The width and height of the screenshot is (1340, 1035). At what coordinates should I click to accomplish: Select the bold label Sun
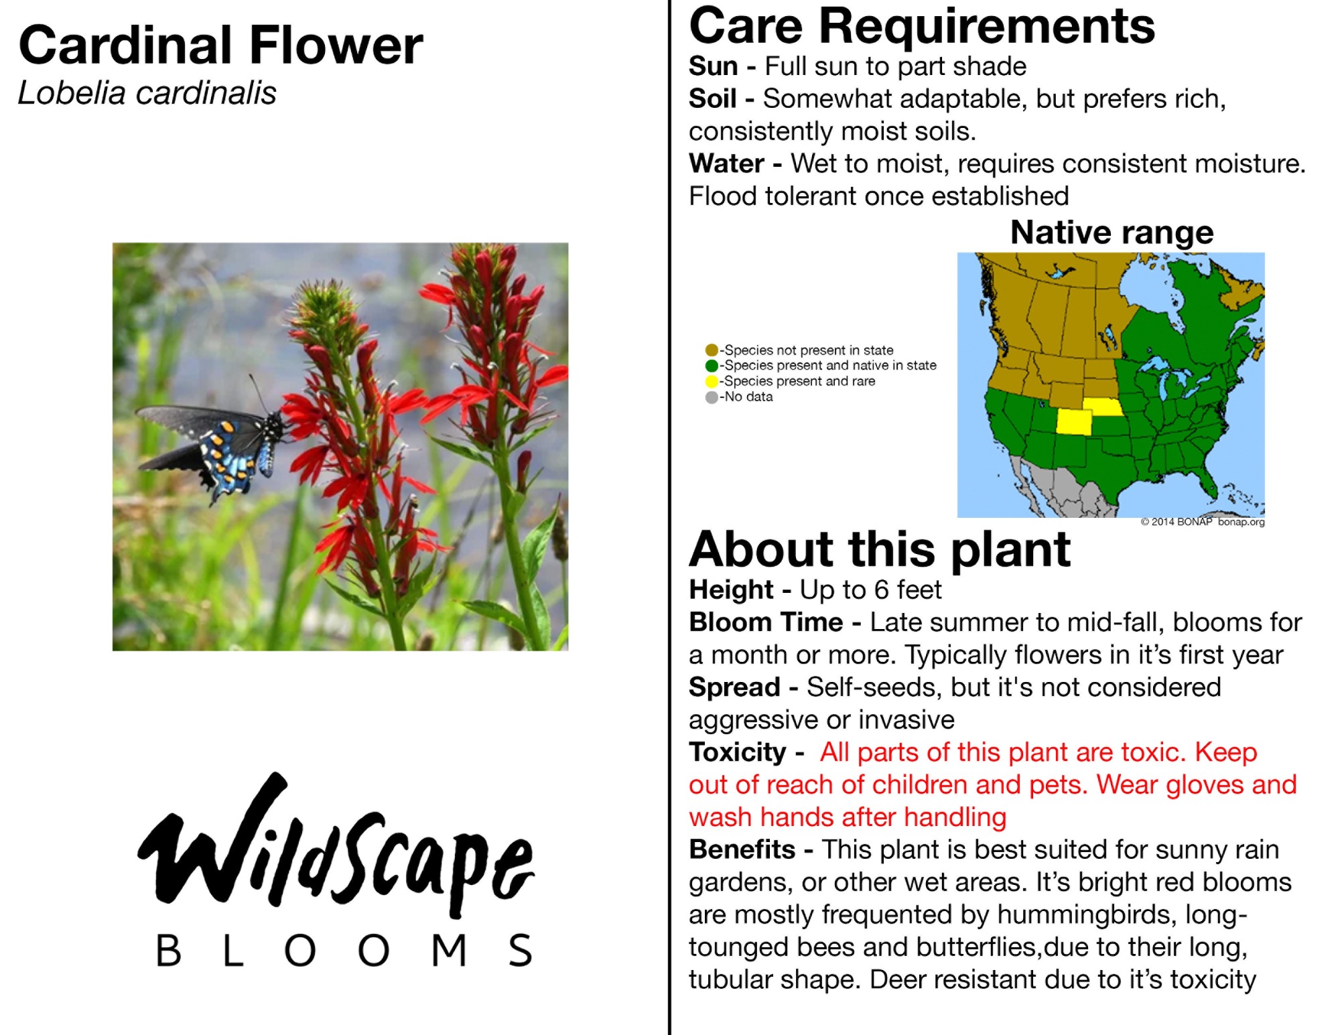(713, 66)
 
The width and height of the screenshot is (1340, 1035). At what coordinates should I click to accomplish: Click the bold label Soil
(712, 98)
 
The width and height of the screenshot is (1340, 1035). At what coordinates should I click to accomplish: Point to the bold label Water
(726, 163)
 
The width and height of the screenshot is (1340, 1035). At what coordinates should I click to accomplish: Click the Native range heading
(1112, 233)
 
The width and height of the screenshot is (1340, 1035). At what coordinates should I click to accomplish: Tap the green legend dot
(712, 366)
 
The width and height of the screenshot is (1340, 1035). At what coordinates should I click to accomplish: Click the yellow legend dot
(712, 381)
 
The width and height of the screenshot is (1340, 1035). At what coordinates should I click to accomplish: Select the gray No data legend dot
(712, 397)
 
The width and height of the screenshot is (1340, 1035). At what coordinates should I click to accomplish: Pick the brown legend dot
(712, 350)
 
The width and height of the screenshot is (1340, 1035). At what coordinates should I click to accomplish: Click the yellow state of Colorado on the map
(1074, 422)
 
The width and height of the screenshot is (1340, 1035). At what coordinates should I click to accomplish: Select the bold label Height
(731, 590)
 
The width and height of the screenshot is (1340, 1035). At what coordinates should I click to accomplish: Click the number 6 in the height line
(882, 590)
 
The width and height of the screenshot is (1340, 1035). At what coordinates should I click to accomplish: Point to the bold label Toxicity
(738, 752)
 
